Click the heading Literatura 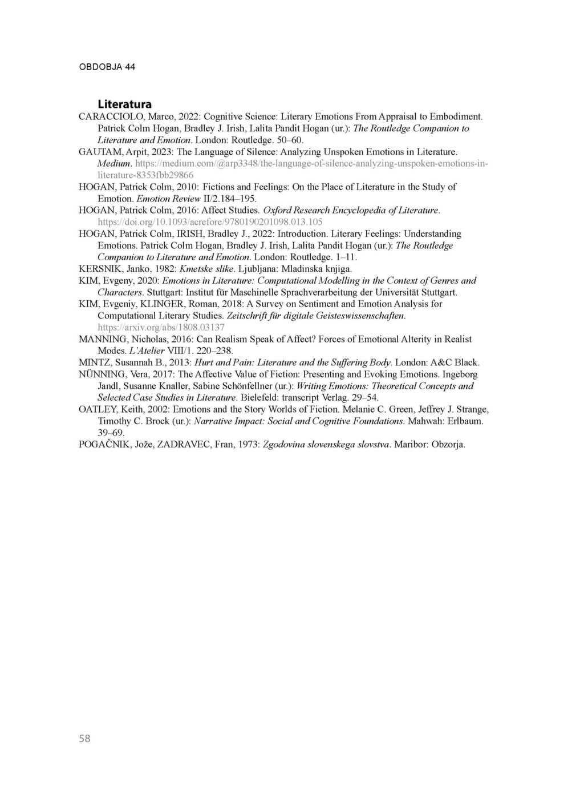coord(124,104)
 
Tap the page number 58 coord(84,739)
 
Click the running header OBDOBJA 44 coord(107,67)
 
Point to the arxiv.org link coord(161,327)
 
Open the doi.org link coord(210,222)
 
